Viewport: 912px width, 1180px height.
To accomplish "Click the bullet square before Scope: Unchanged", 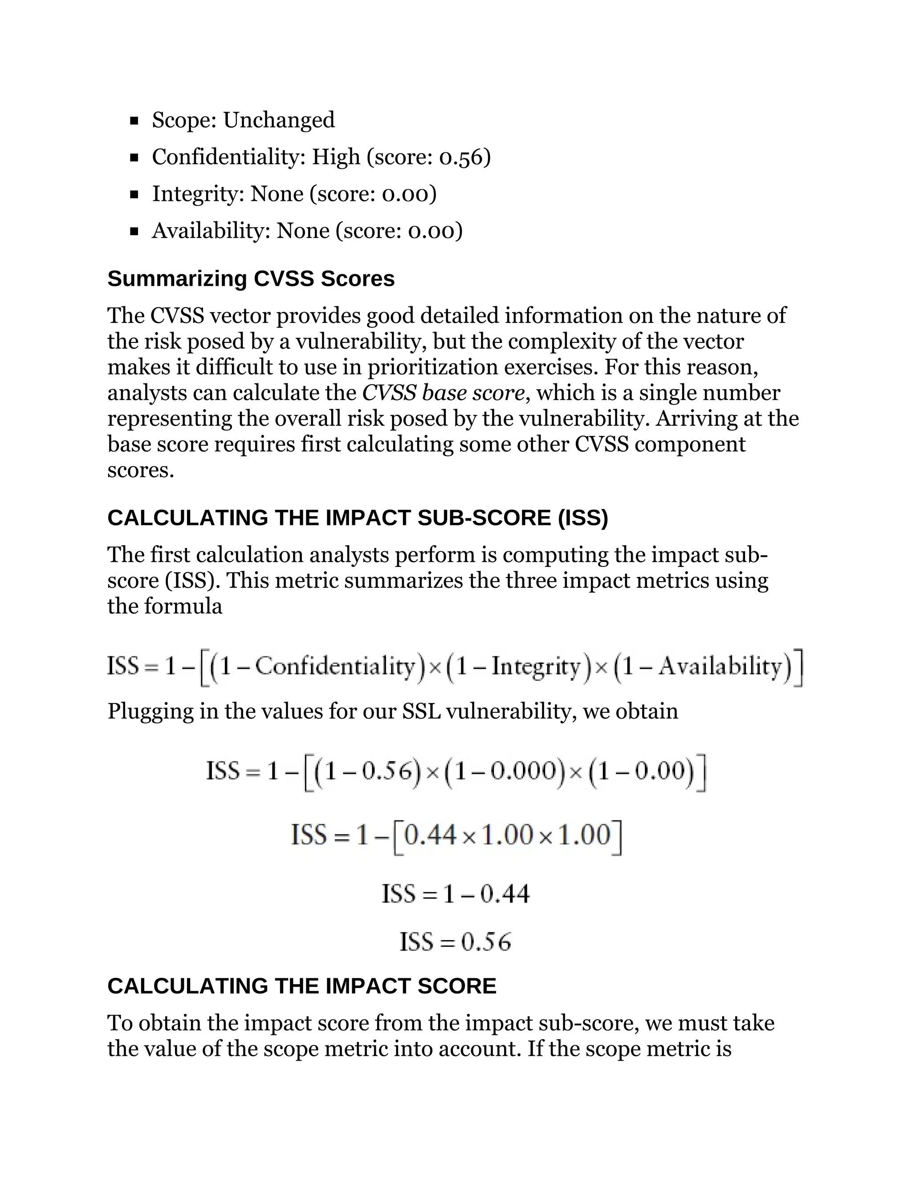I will pos(134,121).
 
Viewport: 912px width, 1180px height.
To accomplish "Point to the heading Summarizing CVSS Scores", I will pos(251,279).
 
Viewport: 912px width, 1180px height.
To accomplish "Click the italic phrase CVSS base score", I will pos(443,393).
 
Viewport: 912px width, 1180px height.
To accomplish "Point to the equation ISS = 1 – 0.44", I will pos(456,894).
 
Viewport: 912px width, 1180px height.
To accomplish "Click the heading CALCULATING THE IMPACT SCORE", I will pos(301,987).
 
